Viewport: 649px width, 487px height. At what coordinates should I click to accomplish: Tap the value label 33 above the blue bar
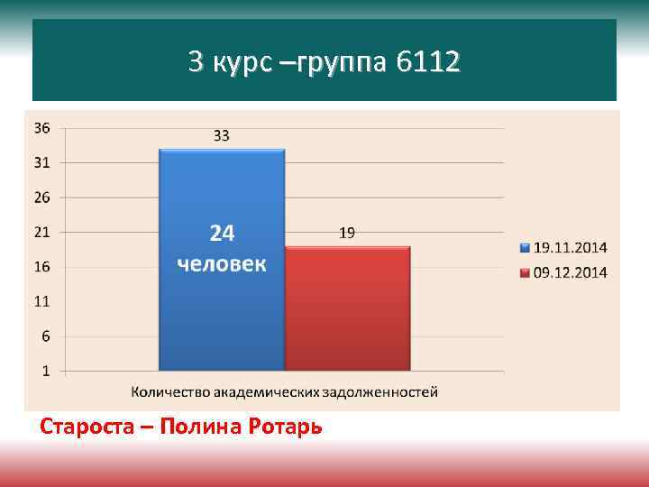coord(221,136)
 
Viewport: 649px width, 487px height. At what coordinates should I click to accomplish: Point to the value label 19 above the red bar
coord(347,233)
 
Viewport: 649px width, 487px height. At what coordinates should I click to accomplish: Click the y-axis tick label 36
coord(41,128)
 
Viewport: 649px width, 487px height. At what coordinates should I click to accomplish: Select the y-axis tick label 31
coord(41,163)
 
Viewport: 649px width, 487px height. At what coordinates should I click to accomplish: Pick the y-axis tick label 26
coord(41,198)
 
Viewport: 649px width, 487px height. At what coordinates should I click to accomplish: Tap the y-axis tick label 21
coord(41,232)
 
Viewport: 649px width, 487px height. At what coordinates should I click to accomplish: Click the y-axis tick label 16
coord(41,267)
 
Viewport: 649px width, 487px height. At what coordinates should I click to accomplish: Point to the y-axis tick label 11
coord(41,301)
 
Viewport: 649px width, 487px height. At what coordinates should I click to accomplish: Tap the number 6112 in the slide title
coord(426,62)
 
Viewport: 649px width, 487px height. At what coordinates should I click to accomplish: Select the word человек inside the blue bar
coord(222,263)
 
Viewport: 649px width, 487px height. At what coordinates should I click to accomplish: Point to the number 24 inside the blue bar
coord(222,234)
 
